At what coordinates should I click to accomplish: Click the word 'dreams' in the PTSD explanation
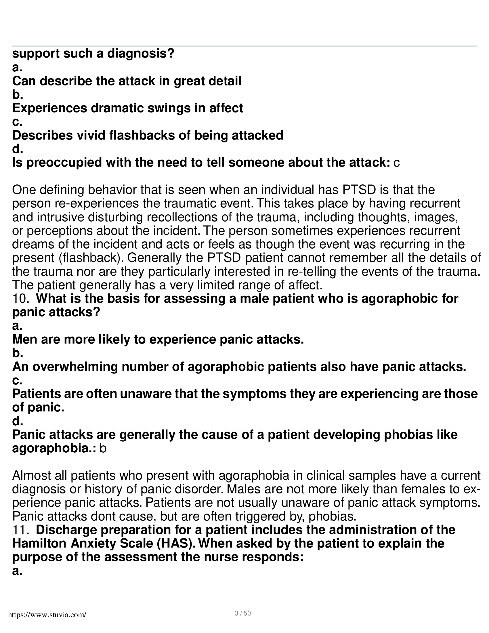[33, 244]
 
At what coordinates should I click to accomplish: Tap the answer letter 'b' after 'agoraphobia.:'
[103, 449]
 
